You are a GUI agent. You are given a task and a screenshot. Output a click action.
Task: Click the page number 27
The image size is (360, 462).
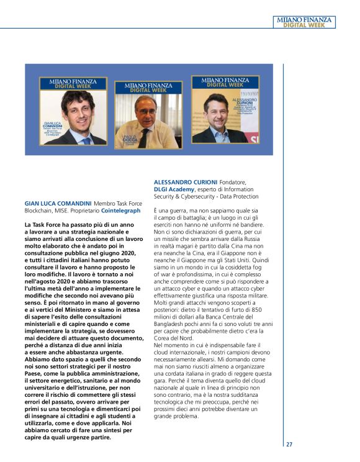point(289,444)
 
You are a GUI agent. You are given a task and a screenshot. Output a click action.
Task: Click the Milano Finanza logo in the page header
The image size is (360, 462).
point(304,22)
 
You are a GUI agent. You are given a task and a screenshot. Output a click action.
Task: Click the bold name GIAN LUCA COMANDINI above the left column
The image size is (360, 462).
point(58,203)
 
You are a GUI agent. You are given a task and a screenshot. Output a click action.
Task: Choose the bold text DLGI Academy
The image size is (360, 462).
point(174,189)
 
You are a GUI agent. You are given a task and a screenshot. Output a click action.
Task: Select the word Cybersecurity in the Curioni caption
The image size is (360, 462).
point(192,196)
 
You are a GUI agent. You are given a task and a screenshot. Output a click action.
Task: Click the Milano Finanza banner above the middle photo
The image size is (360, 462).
point(148,86)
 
